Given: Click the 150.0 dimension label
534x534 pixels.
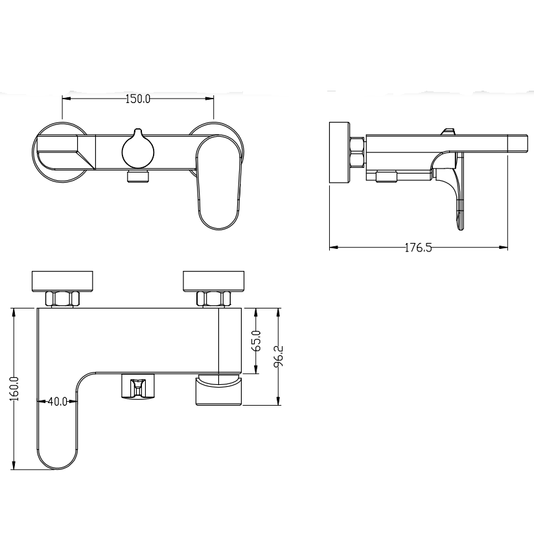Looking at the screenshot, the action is (138, 99).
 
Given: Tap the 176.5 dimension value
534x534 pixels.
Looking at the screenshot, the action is (418, 248).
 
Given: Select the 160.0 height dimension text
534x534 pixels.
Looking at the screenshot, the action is (15, 388).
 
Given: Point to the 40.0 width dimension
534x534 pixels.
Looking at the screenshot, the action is (58, 402).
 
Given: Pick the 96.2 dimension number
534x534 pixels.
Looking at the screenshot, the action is (279, 356).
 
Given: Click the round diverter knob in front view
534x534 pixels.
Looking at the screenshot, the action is (138, 149).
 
